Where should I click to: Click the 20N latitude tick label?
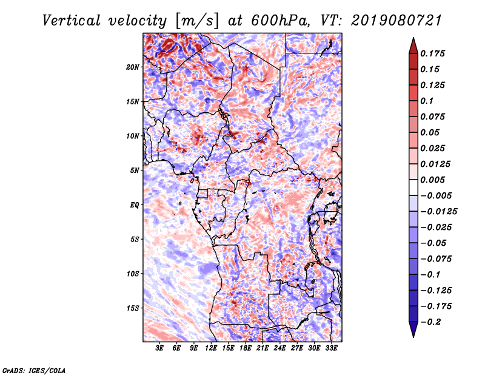[133, 67]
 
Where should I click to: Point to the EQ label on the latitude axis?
[135, 204]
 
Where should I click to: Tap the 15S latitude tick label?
[133, 308]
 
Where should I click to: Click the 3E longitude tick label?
[160, 348]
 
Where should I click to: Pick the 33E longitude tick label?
[331, 348]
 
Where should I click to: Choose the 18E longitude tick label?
[246, 348]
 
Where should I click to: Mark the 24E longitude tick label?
[279, 348]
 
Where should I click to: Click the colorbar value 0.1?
[432, 101]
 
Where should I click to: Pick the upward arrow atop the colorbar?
[413, 44]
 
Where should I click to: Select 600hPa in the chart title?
[277, 21]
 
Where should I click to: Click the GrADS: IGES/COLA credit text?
[33, 370]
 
